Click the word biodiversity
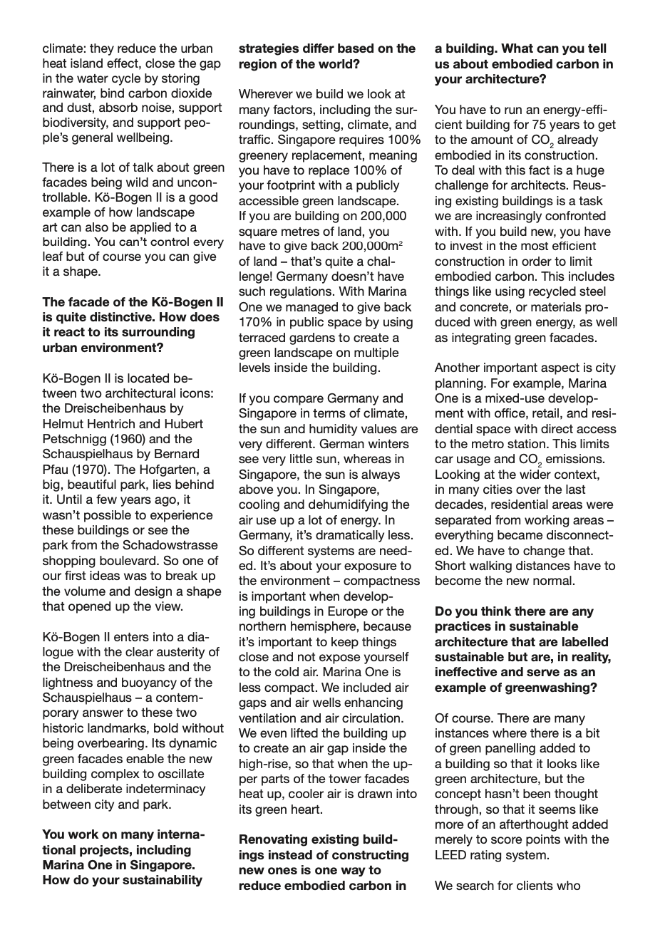click(x=76, y=123)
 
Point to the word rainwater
click(x=68, y=93)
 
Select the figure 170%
click(x=254, y=322)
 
